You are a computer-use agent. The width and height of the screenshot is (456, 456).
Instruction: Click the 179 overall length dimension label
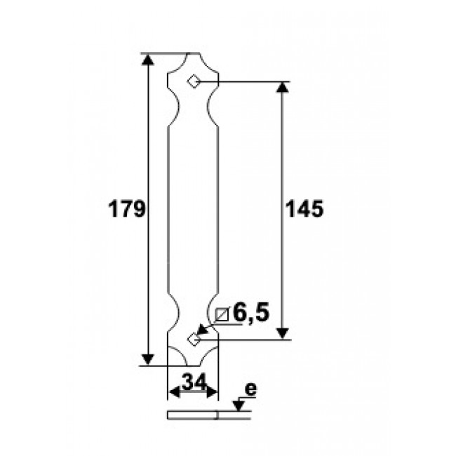point(126,209)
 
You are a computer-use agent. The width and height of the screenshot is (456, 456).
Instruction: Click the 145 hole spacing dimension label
point(304,209)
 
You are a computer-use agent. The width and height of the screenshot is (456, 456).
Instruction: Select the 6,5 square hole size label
point(251,312)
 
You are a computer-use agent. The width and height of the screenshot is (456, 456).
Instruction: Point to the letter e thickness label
point(251,389)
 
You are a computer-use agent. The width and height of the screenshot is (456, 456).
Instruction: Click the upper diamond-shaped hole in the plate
point(194,81)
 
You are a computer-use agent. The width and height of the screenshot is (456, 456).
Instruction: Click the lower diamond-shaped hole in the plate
point(194,339)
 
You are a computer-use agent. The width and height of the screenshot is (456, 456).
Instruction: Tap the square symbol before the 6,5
point(222,314)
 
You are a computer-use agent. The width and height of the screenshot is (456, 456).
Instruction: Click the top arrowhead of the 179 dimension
point(148,60)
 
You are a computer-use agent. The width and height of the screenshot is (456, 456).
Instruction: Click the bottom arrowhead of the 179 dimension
point(148,359)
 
